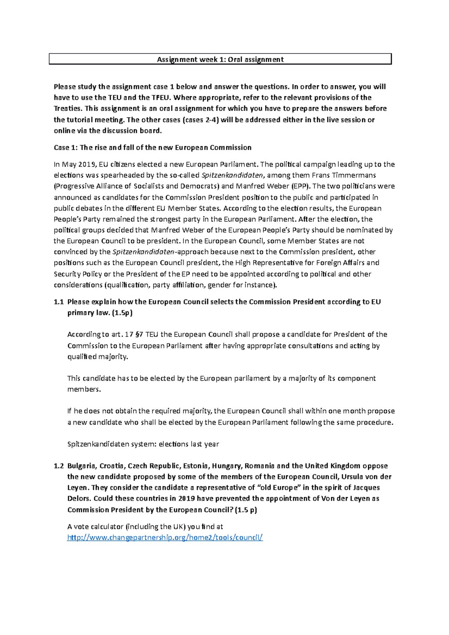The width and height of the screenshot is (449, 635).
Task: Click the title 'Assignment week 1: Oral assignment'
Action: pos(220,59)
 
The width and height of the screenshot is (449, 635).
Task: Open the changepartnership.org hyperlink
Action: pos(165,537)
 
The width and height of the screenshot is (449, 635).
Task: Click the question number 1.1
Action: pos(59,302)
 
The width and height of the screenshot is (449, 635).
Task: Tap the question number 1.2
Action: pos(59,466)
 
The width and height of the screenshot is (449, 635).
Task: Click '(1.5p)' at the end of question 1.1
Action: pos(122,313)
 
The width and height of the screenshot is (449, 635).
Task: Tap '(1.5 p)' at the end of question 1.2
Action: pos(245,510)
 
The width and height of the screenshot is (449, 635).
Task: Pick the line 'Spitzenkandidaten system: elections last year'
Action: pos(143,444)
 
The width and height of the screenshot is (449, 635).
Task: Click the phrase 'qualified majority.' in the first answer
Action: pos(98,357)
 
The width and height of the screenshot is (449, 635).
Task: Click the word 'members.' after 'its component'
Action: pos(84,389)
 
